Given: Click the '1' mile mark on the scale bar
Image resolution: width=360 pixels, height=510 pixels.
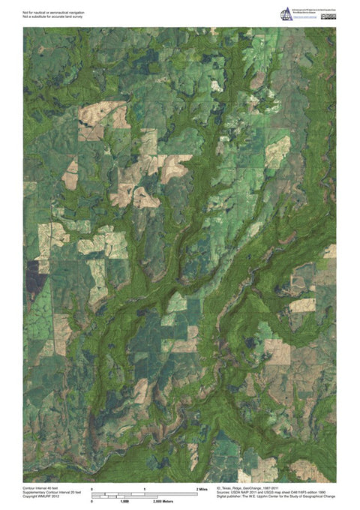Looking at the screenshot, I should (144, 489).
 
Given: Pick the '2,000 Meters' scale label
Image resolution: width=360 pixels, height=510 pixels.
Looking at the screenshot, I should (153, 501).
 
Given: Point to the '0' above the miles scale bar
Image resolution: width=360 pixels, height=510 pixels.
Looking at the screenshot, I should (91, 489).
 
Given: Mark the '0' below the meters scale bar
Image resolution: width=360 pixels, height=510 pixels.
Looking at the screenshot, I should (91, 501).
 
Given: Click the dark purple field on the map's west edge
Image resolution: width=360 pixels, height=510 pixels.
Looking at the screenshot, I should (32, 277).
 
